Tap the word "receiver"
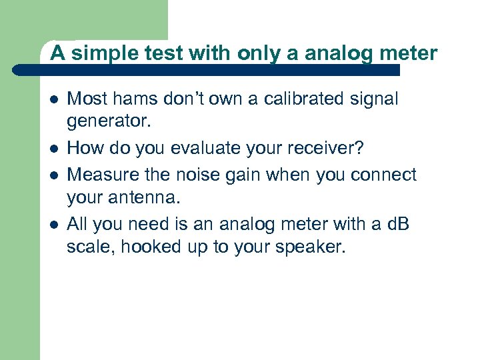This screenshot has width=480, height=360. [x=327, y=148]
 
